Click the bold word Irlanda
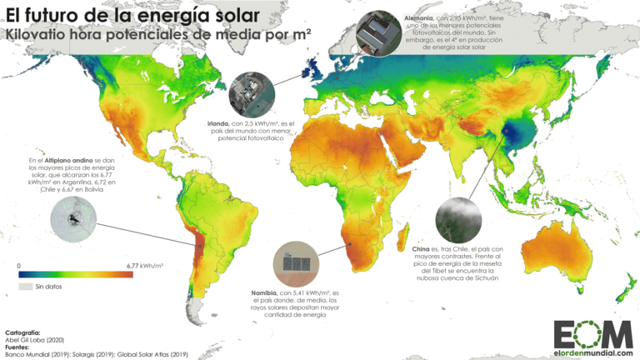220,123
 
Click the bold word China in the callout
420,249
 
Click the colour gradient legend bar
75,274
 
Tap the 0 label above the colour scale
19,265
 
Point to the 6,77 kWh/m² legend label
144,265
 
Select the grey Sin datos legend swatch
24,287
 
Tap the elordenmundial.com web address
589,352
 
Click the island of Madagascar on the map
389,242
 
